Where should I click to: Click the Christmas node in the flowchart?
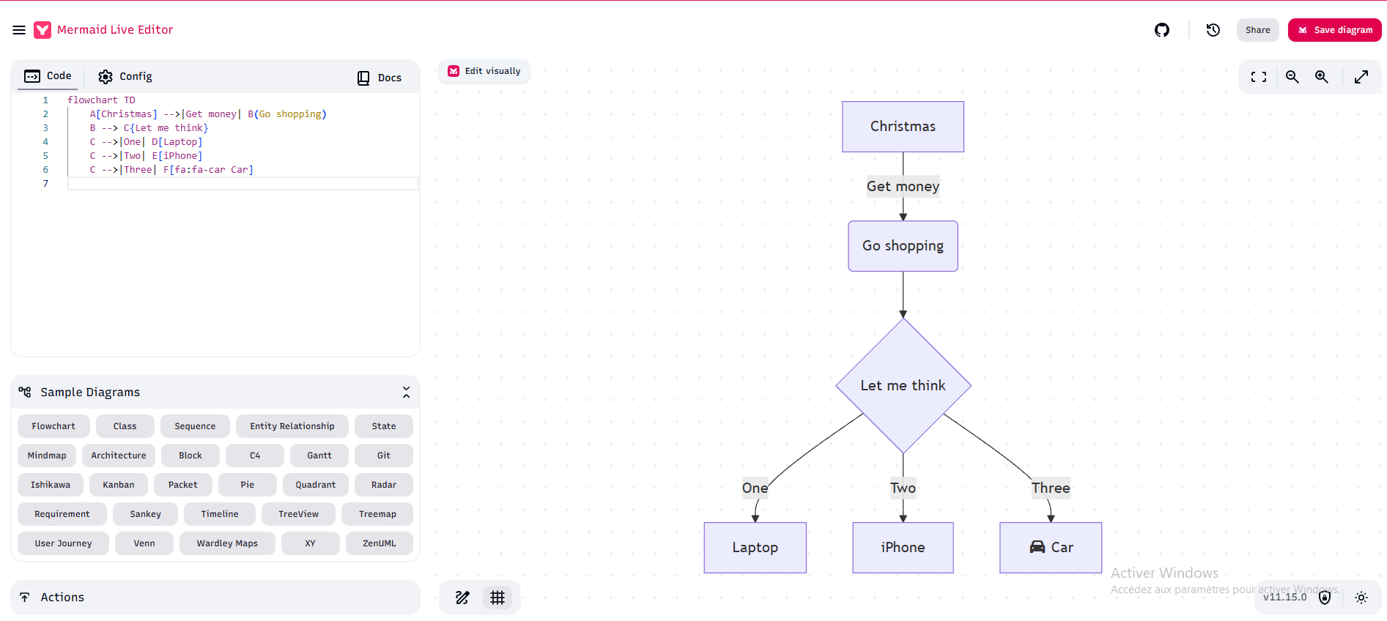pos(903,127)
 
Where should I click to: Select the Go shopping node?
pos(903,246)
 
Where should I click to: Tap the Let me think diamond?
pos(903,385)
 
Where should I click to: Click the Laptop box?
pos(755,548)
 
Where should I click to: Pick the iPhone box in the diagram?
pos(903,548)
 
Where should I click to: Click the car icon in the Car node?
pos(1038,547)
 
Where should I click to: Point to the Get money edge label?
pos(903,186)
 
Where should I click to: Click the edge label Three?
pos(1051,488)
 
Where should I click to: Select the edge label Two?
pos(903,488)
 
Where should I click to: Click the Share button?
pos(1257,30)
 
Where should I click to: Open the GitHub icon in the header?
pos(1162,30)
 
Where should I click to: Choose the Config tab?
pos(125,76)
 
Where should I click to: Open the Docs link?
pos(380,78)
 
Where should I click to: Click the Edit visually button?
pos(484,71)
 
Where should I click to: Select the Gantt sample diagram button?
pos(319,455)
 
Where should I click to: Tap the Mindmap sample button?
pos(47,455)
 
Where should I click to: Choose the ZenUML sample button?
pos(380,543)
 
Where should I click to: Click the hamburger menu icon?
pos(19,30)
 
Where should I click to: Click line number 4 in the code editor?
pos(45,142)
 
